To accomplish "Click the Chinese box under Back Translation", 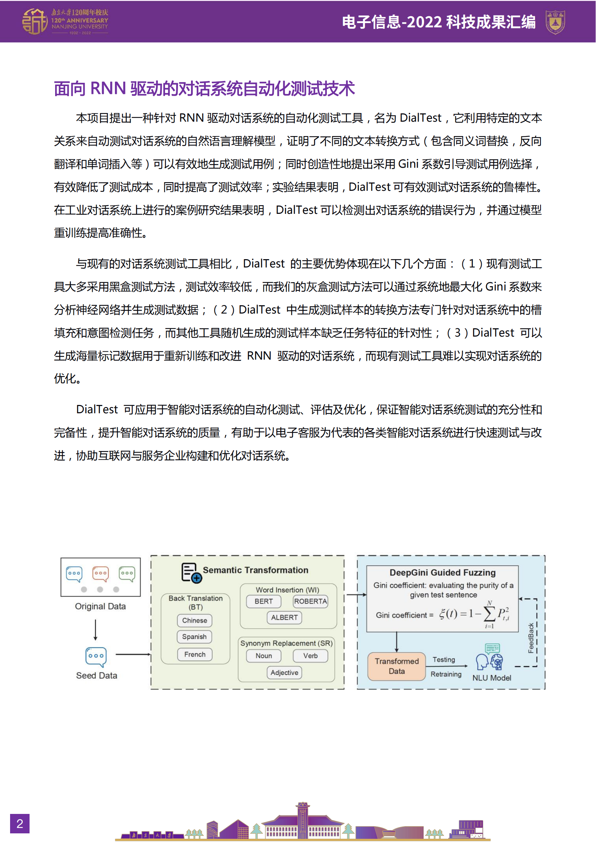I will (x=195, y=621).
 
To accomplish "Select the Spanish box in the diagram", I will (x=195, y=637).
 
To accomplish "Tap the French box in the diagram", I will (x=195, y=654).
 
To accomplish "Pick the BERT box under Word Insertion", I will (x=263, y=602).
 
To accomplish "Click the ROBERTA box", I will (x=311, y=602).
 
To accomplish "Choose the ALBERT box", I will (x=284, y=618).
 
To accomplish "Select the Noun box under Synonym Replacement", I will (x=263, y=656).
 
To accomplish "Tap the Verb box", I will (x=311, y=656).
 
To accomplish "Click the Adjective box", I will (x=284, y=672).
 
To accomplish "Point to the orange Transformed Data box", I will (x=397, y=666).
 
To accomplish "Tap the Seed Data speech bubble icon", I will (x=96, y=657).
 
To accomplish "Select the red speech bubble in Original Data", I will (x=100, y=574).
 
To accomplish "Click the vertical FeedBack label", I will (x=531, y=638).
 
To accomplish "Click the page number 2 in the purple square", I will (x=20, y=824).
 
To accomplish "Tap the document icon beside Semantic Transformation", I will (x=191, y=572).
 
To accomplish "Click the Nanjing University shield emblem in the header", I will (x=555, y=22).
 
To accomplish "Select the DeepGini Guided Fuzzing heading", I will (x=442, y=573).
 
